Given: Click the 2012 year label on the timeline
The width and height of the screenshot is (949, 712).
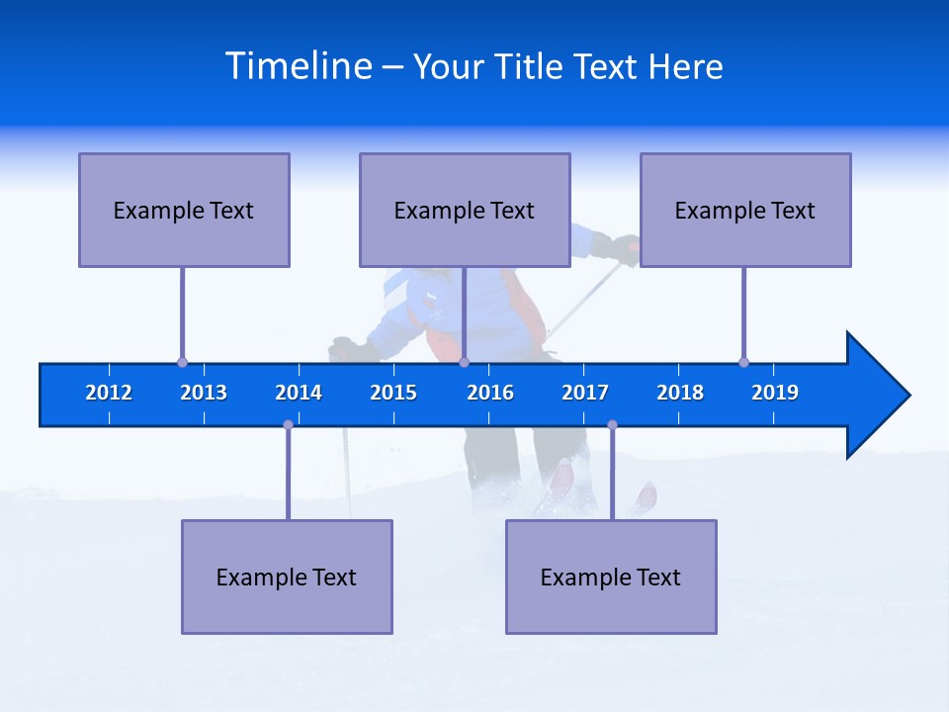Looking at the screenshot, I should click(109, 393).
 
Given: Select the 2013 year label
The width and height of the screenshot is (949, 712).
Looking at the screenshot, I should click(204, 393).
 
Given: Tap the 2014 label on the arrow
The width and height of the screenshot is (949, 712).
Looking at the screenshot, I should click(299, 393).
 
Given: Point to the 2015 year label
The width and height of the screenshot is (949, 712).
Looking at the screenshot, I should click(393, 393).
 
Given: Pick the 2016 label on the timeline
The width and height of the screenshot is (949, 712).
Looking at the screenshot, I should click(490, 393).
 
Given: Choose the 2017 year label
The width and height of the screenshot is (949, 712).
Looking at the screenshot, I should click(585, 393).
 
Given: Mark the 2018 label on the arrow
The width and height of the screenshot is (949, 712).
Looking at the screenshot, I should click(680, 393).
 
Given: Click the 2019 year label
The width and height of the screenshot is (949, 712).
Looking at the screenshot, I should click(775, 393).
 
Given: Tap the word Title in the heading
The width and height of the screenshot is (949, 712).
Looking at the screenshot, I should click(534, 66).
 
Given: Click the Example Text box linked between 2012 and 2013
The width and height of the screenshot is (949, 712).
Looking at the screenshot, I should click(184, 210).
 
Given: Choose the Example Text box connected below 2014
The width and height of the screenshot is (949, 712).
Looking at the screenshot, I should click(287, 577).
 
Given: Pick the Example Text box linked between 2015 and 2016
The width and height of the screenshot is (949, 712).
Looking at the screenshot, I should click(465, 210).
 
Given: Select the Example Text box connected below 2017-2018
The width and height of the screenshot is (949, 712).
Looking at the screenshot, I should click(611, 577).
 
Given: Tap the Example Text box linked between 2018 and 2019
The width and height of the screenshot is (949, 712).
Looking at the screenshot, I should click(745, 210).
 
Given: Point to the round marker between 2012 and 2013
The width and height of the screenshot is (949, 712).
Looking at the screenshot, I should click(182, 363).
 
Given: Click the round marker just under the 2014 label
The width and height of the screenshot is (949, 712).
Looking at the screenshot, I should click(288, 425).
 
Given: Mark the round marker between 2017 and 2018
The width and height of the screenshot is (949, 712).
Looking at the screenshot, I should click(612, 425).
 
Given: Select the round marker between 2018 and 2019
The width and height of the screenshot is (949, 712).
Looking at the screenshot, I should click(743, 363).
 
